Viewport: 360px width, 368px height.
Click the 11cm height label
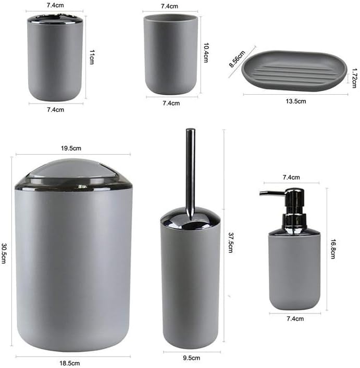[x=92, y=57]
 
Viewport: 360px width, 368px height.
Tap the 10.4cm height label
[x=206, y=53]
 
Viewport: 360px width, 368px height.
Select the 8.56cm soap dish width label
[x=237, y=59]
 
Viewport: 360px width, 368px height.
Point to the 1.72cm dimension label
[x=354, y=78]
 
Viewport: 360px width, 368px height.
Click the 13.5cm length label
[x=295, y=101]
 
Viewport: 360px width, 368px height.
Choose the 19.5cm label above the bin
[x=71, y=148]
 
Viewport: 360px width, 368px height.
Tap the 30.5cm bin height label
[x=4, y=253]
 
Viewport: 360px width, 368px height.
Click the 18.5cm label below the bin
[x=69, y=363]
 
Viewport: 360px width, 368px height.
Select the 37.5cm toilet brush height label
[x=231, y=243]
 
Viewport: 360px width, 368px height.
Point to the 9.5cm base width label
[x=191, y=358]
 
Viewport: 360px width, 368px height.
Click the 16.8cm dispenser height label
[x=333, y=249]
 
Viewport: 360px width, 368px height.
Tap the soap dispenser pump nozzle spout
[x=272, y=193]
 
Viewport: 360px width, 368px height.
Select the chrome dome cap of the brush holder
[x=191, y=218]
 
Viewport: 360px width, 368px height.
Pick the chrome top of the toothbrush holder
[x=55, y=19]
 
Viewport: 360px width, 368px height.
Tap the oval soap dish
[x=294, y=70]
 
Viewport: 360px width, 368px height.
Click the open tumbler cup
[x=171, y=54]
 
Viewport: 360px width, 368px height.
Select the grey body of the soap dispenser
[x=294, y=271]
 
